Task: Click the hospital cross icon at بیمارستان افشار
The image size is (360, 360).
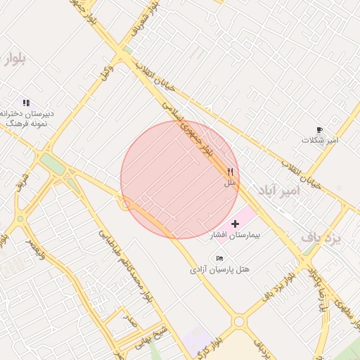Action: (235, 223)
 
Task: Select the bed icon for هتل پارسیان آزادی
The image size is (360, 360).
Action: (220, 258)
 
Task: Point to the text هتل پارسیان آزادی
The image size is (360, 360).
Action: (220, 269)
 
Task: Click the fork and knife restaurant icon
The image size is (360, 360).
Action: (229, 172)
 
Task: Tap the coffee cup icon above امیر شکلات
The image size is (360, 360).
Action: (319, 130)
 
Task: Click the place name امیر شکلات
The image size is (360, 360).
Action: (320, 141)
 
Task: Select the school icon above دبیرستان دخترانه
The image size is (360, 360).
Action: (26, 103)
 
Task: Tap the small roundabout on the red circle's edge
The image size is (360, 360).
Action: (126, 205)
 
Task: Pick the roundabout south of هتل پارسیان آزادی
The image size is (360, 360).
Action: (240, 321)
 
